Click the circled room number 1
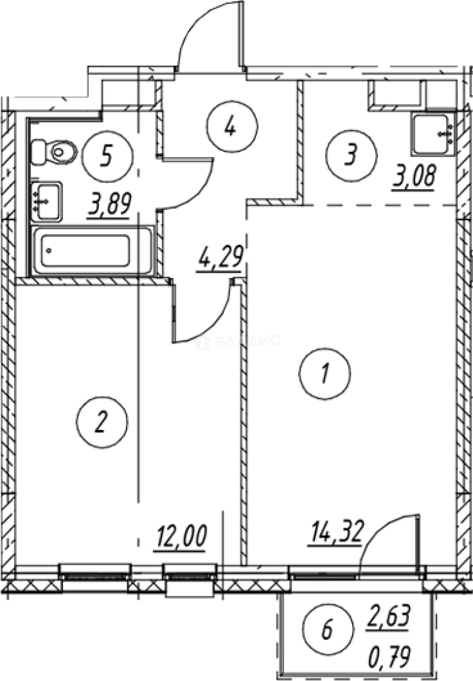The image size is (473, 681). point(325,374)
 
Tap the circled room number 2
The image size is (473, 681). point(101,421)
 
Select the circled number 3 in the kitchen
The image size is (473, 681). point(350,154)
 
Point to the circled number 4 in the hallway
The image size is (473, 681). point(231,127)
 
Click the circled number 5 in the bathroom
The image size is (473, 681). point(108,154)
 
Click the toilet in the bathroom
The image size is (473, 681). point(55,150)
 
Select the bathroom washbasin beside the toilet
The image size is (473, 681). point(47,201)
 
